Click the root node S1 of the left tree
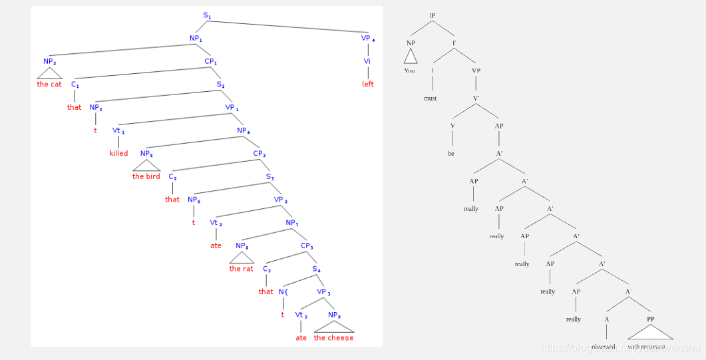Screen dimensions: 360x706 pos(207,15)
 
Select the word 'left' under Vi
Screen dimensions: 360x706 pos(368,84)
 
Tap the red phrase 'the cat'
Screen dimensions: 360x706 pos(49,84)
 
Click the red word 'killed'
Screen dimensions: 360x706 pos(118,153)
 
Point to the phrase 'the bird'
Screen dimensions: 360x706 pos(146,176)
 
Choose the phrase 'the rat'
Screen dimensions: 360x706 pos(241,269)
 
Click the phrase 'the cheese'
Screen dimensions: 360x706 pos(333,337)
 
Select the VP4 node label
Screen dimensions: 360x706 pos(368,38)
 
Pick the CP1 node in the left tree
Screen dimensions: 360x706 pos(211,61)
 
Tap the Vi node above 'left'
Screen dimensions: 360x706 pos(367,61)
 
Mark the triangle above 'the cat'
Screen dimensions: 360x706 pos(49,73)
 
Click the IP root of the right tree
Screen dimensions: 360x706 pos(433,15)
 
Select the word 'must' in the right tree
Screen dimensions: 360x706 pos(431,98)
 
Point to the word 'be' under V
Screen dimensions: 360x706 pos(451,153)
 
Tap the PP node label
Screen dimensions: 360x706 pos(651,319)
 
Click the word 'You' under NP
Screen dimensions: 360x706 pos(409,70)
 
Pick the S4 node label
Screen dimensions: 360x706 pos(317,269)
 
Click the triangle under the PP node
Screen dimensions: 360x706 pos(650,331)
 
